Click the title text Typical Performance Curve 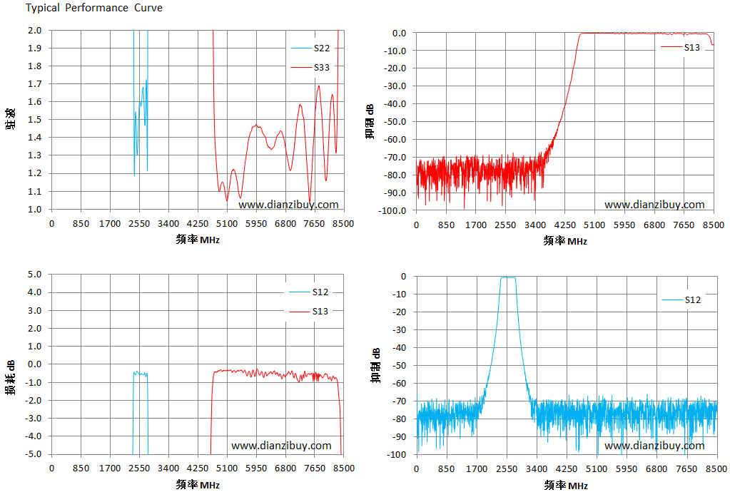tap(94, 8)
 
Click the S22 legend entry tap(310, 48)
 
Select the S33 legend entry tap(310, 68)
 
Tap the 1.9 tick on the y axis tap(34, 48)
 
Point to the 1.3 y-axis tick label tap(34, 155)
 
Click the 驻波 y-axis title tap(11, 118)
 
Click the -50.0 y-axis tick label tap(395, 121)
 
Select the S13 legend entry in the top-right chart tap(681, 48)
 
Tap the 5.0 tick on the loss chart tap(34, 274)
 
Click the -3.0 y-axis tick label tap(33, 418)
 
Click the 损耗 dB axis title tap(11, 377)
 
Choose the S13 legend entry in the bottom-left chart tap(309, 312)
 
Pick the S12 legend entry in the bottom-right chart tap(681, 300)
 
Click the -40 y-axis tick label tap(398, 347)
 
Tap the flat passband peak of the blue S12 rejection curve tap(508, 277)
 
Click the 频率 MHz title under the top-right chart tap(565, 240)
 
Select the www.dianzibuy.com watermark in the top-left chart tap(289, 205)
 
